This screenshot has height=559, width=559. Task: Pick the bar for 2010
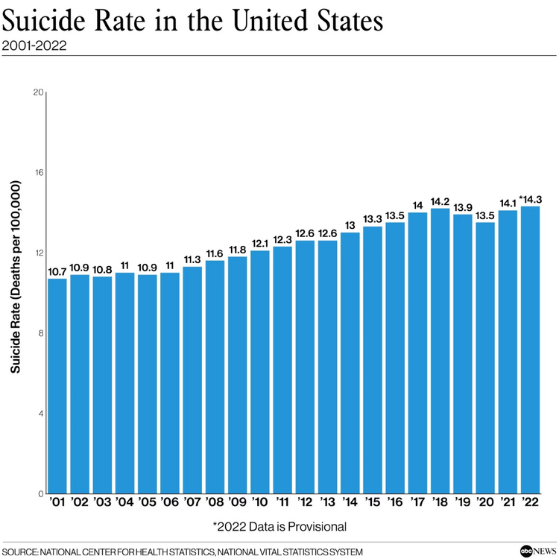click(x=260, y=372)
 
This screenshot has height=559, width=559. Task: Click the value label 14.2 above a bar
click(x=440, y=201)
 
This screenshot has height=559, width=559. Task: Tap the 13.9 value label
click(x=463, y=206)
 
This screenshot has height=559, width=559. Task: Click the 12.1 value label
click(x=260, y=243)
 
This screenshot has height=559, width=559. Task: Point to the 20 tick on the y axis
click(x=39, y=92)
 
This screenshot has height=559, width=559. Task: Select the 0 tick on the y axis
click(x=41, y=493)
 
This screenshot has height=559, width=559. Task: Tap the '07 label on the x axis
click(x=192, y=503)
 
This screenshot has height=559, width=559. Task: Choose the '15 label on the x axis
click(x=372, y=503)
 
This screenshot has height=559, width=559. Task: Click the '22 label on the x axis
click(x=530, y=503)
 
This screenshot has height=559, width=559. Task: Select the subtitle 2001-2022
click(x=34, y=45)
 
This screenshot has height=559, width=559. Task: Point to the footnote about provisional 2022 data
click(x=279, y=527)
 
